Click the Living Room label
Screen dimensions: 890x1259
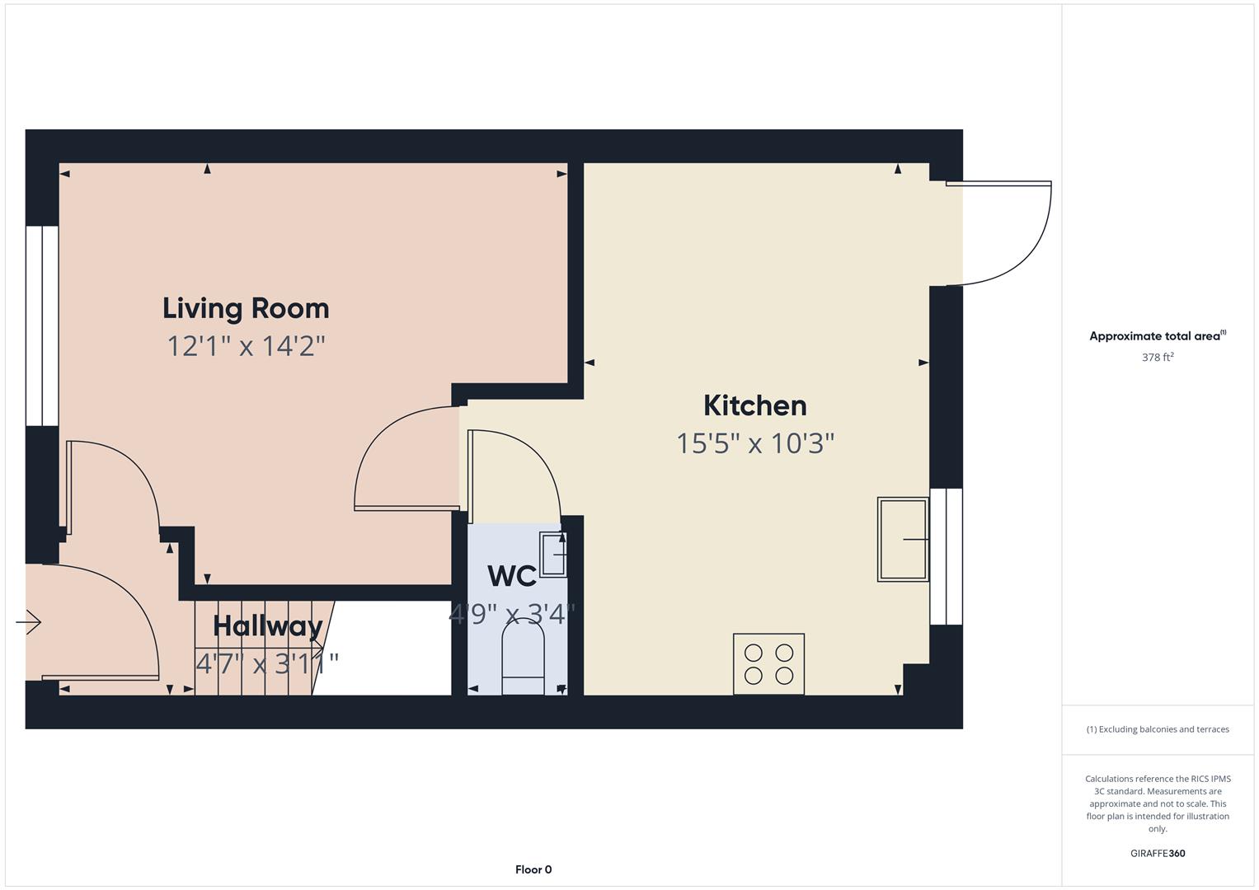246,308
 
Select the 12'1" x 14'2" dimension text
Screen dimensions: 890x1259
246,346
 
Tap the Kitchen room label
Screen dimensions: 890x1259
754,405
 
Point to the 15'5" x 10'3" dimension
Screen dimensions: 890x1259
754,443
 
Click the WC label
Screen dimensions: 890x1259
511,576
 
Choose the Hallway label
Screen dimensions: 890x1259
267,625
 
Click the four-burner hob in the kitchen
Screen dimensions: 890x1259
768,664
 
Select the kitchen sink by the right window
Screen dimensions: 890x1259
903,540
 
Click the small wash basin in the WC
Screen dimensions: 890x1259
552,553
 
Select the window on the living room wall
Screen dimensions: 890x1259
41,326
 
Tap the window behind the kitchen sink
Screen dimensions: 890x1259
946,556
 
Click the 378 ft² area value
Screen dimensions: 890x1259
1157,358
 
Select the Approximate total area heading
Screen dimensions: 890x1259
1157,336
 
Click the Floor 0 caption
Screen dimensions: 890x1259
533,869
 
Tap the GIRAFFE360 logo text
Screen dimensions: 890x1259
1157,854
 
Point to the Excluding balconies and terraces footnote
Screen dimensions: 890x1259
1157,729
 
